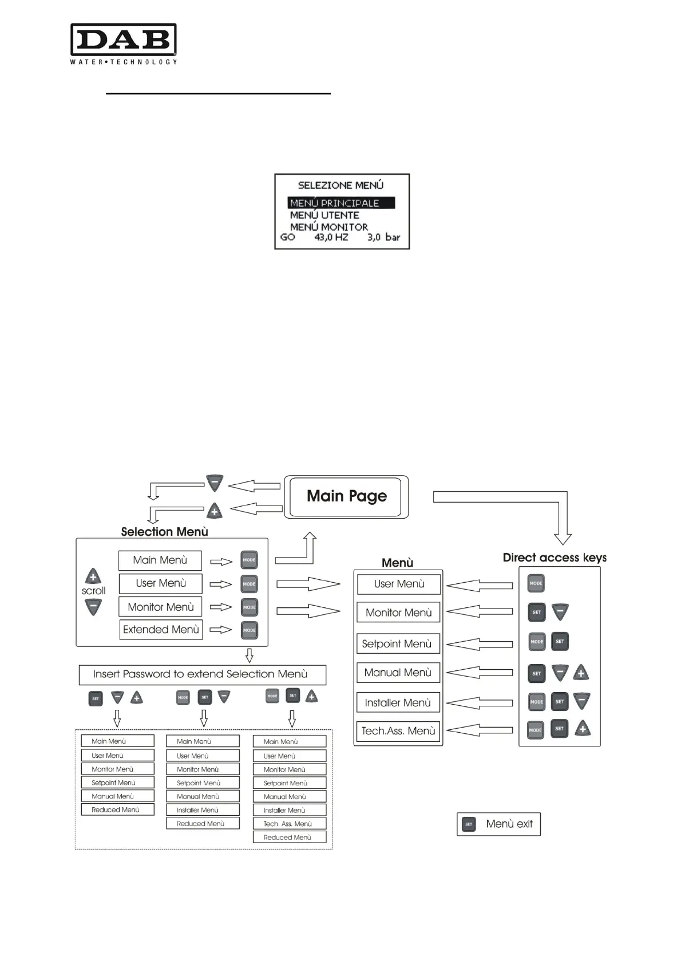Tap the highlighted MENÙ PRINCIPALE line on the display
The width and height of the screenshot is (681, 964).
(340, 203)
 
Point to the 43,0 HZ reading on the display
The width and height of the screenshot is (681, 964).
(331, 237)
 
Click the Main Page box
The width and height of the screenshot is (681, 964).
(346, 496)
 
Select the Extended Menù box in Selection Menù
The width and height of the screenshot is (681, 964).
(161, 630)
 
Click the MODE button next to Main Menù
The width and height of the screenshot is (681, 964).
(249, 560)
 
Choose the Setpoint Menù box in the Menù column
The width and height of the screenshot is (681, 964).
(398, 643)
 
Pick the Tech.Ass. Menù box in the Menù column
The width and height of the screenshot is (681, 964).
(398, 731)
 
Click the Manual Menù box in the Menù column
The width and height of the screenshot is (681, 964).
(398, 673)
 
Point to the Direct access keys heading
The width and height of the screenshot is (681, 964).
(555, 558)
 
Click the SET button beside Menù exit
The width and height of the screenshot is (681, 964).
(469, 824)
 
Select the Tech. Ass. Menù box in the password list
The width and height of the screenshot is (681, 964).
(289, 824)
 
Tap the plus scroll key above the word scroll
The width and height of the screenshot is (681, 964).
(93, 576)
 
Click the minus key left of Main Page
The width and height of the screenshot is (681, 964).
(215, 484)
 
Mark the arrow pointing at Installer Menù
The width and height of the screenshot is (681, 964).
(479, 703)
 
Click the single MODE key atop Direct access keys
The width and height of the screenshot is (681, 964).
(536, 583)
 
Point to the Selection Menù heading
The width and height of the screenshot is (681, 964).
(164, 532)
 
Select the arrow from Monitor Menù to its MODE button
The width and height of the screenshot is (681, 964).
(221, 607)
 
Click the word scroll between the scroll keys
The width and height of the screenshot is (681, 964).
(93, 591)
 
